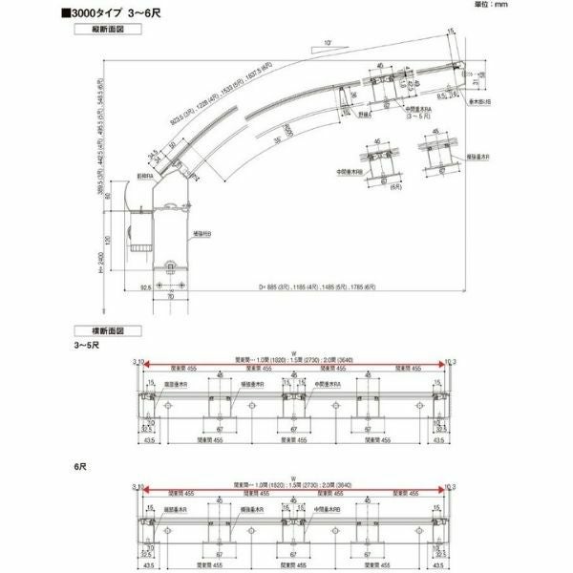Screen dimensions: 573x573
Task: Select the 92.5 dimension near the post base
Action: point(118,286)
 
